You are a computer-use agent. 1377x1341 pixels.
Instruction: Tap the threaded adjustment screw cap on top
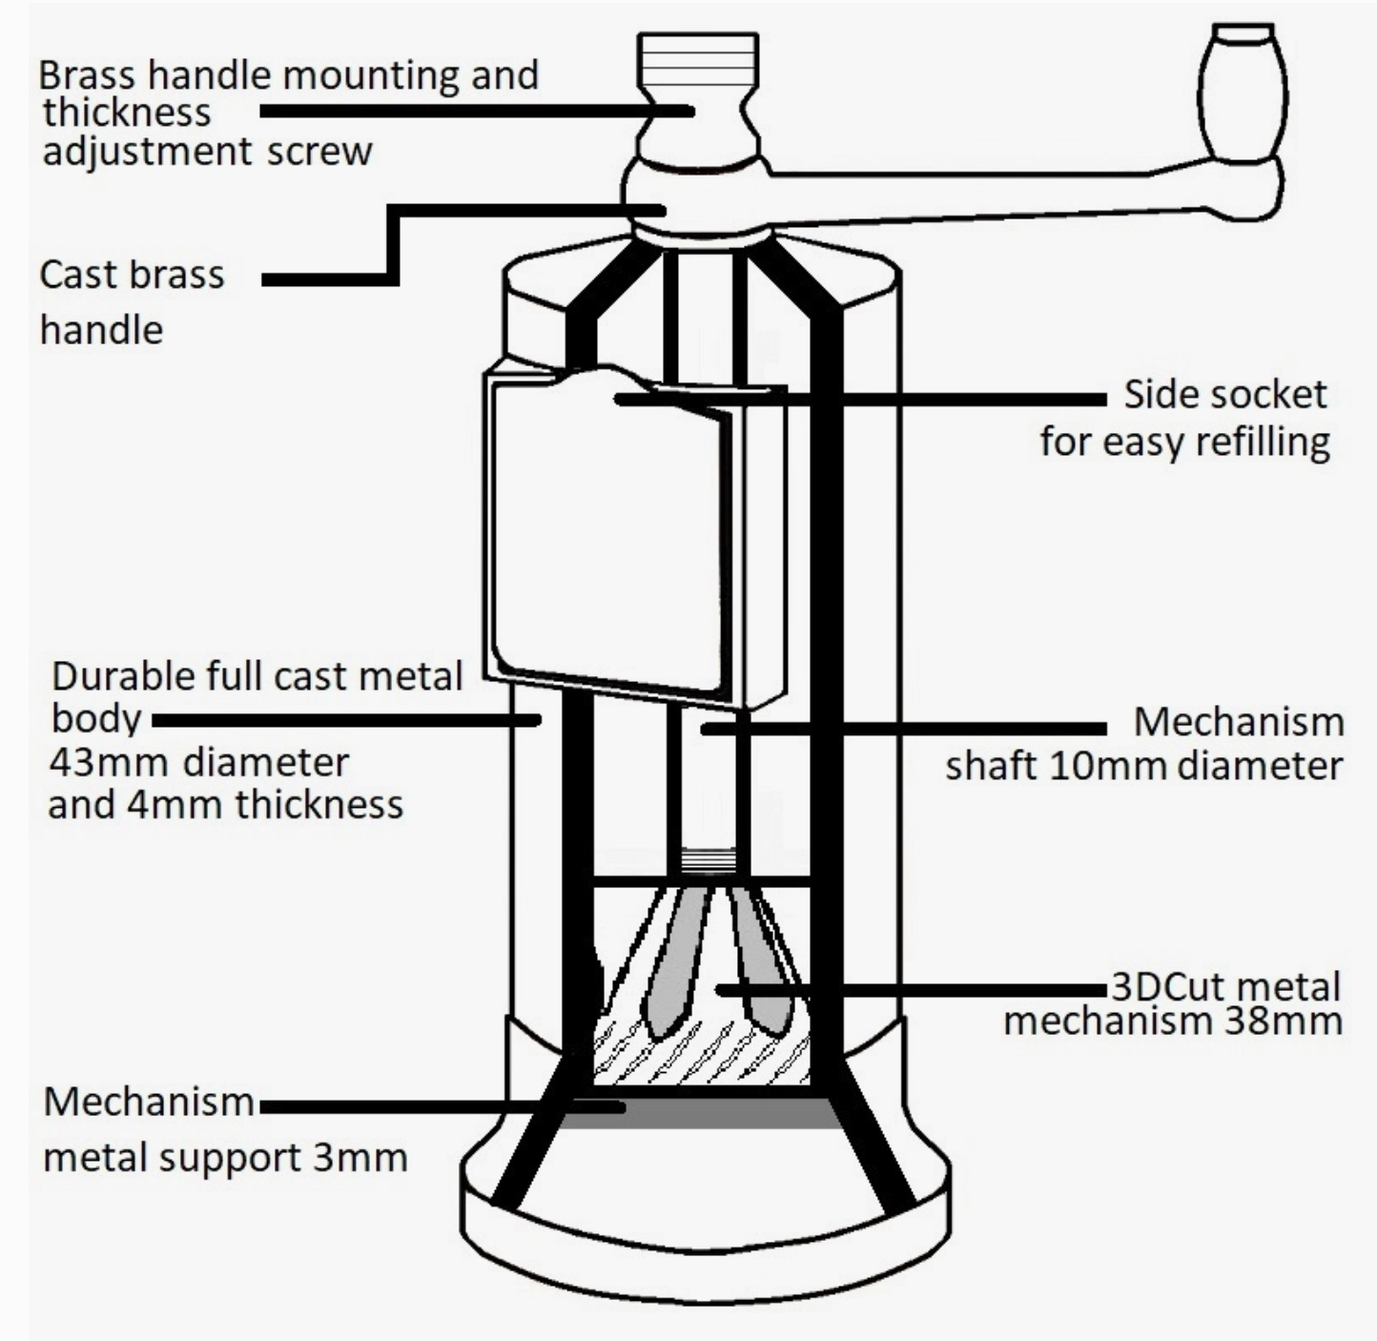698,59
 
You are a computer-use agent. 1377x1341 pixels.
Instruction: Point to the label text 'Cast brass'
132,275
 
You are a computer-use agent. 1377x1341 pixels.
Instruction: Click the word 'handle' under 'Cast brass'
101,330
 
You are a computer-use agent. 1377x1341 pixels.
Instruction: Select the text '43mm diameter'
199,762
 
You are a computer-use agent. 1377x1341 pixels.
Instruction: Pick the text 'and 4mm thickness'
225,804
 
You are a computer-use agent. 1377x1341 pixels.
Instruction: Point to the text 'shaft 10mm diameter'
1143,766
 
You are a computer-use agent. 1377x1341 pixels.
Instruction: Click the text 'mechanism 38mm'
1172,1021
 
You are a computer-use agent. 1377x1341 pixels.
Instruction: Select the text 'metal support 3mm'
225,1157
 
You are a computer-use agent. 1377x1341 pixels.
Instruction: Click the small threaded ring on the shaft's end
710,861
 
